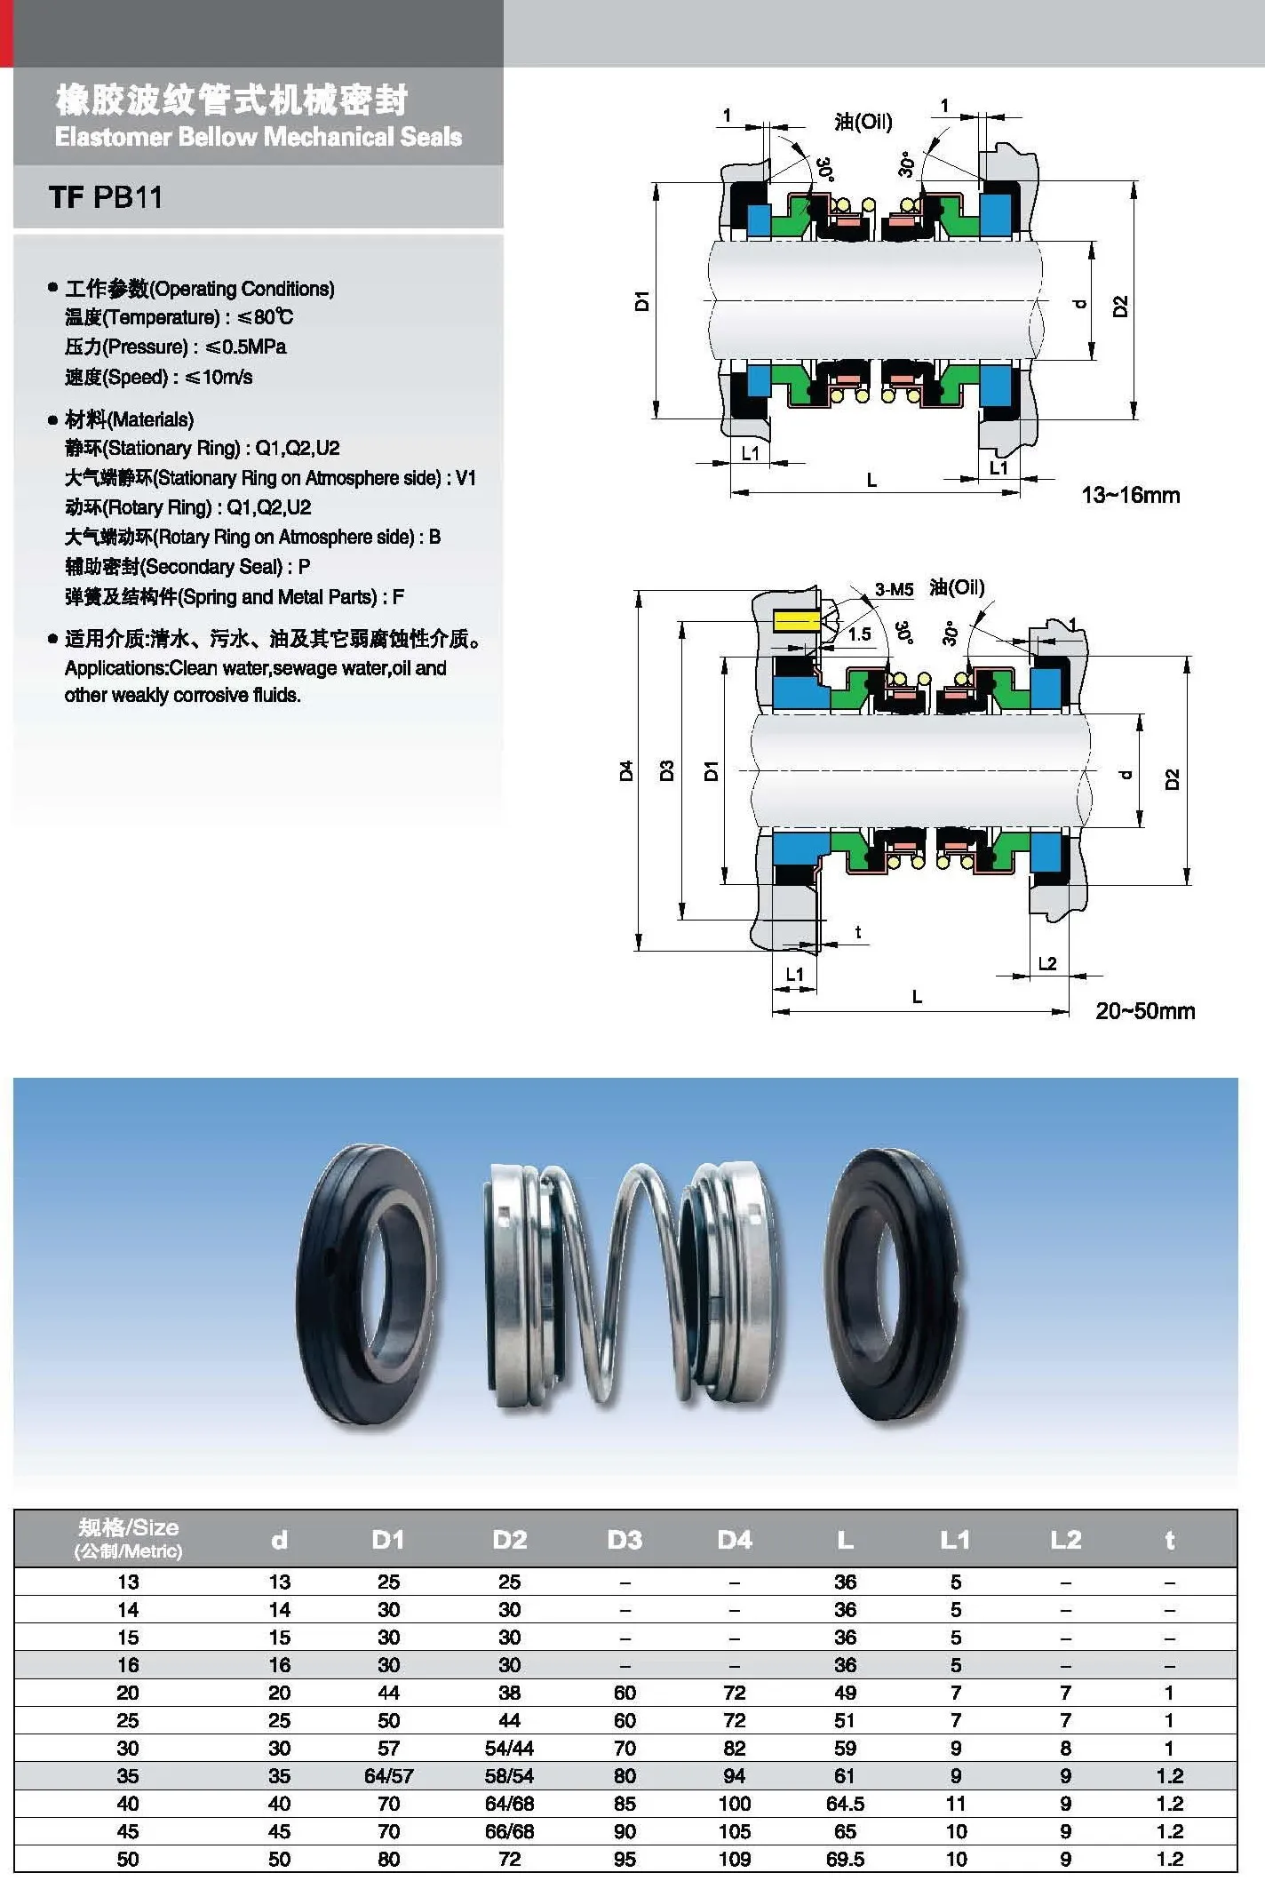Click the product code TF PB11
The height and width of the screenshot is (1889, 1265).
click(106, 196)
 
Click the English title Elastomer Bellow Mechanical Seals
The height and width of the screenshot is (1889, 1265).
click(258, 137)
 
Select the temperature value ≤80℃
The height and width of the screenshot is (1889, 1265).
click(265, 317)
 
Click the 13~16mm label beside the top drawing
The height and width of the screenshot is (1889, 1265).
click(1130, 495)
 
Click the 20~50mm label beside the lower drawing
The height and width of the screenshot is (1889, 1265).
click(1145, 1011)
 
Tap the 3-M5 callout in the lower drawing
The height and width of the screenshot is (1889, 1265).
click(894, 589)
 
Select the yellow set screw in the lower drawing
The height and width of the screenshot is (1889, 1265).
click(796, 620)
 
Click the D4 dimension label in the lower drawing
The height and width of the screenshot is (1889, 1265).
click(626, 770)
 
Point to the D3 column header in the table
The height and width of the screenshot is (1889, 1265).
click(625, 1540)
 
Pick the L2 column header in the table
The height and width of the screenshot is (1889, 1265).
click(1065, 1540)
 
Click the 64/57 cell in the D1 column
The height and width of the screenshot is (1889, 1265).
click(388, 1776)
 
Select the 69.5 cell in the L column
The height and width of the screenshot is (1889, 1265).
click(845, 1859)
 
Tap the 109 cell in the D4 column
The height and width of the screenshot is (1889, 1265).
click(735, 1859)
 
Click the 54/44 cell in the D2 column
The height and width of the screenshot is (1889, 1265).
click(509, 1749)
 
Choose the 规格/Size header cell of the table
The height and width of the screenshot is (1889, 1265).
click(128, 1538)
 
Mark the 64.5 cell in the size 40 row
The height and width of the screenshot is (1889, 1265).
click(845, 1804)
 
